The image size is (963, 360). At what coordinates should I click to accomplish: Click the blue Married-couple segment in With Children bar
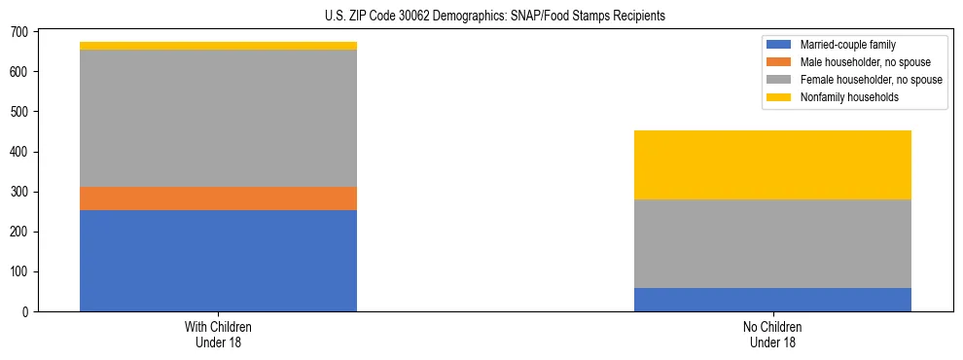point(218,261)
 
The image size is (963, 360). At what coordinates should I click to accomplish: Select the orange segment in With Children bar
point(218,198)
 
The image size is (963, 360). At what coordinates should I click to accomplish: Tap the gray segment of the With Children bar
point(218,118)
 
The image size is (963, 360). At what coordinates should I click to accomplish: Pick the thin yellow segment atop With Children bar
point(218,46)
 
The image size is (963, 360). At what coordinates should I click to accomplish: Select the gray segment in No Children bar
point(772,243)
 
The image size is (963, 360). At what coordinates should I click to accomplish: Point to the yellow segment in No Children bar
point(772,164)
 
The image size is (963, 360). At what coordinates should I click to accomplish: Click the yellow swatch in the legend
point(779,97)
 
